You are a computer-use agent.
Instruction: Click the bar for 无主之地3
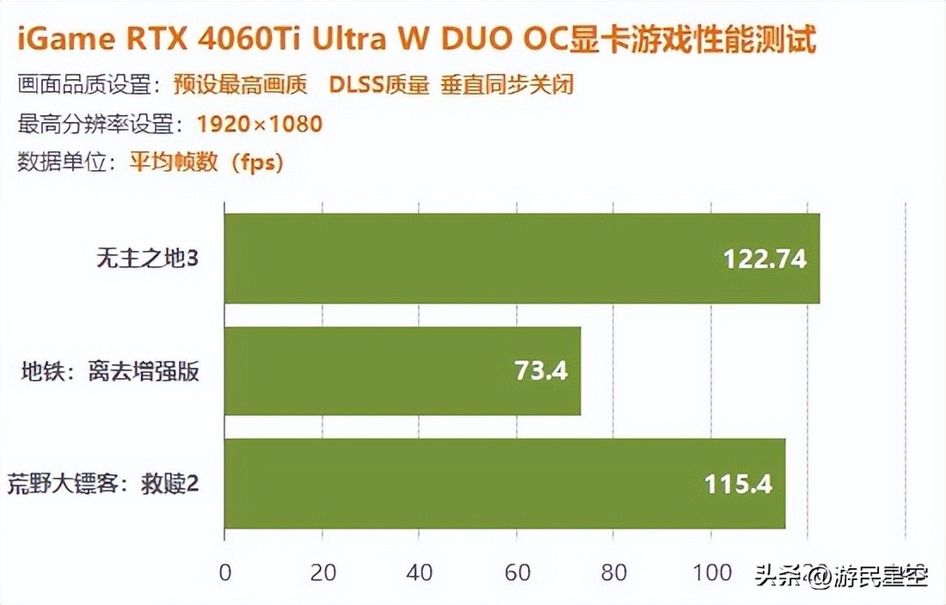click(x=521, y=259)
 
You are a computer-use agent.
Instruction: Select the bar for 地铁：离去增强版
click(x=402, y=371)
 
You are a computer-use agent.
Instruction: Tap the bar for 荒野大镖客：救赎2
click(x=505, y=484)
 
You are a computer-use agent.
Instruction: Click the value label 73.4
click(x=541, y=371)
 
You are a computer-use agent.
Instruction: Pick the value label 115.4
click(x=738, y=484)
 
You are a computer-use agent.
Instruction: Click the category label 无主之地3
click(x=147, y=258)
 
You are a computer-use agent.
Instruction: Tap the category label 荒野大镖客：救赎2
click(x=103, y=484)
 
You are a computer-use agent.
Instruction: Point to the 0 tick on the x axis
click(x=224, y=572)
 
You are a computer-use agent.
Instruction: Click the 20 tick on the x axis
click(x=322, y=572)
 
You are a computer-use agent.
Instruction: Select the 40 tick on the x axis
click(x=419, y=572)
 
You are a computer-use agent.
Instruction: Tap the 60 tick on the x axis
click(x=516, y=572)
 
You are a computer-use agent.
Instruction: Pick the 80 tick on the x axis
click(x=613, y=572)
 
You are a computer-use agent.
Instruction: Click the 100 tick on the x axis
click(x=710, y=572)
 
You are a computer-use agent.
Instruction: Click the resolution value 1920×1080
click(x=259, y=124)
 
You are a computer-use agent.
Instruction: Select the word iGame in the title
click(x=62, y=40)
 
